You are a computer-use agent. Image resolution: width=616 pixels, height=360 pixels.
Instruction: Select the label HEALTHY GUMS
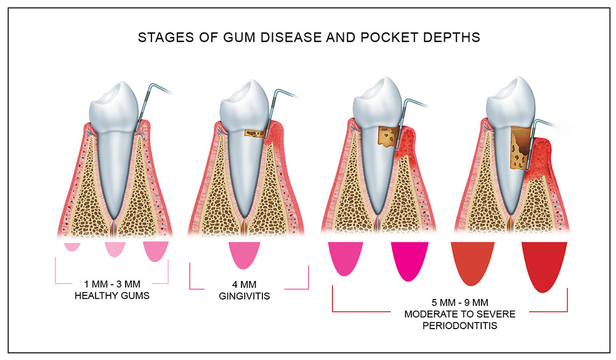112,295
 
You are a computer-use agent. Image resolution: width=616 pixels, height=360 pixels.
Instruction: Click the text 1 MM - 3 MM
112,284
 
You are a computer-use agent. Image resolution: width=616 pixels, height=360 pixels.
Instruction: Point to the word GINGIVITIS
245,296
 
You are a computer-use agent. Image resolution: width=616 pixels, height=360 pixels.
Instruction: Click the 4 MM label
245,284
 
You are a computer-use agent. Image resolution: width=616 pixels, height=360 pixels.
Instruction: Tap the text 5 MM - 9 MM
460,303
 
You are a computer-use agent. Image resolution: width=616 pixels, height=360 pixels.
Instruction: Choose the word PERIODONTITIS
460,325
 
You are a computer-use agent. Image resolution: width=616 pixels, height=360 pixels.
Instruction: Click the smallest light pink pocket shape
72,247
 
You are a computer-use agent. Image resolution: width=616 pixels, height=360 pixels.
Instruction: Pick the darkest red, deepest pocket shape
544,265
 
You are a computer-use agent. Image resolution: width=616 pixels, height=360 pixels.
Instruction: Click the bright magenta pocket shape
410,260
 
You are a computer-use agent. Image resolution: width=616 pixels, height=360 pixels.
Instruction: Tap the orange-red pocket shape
472,262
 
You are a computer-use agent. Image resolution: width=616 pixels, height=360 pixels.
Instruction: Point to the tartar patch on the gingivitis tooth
255,134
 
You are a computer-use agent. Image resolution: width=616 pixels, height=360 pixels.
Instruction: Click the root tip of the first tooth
113,218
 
